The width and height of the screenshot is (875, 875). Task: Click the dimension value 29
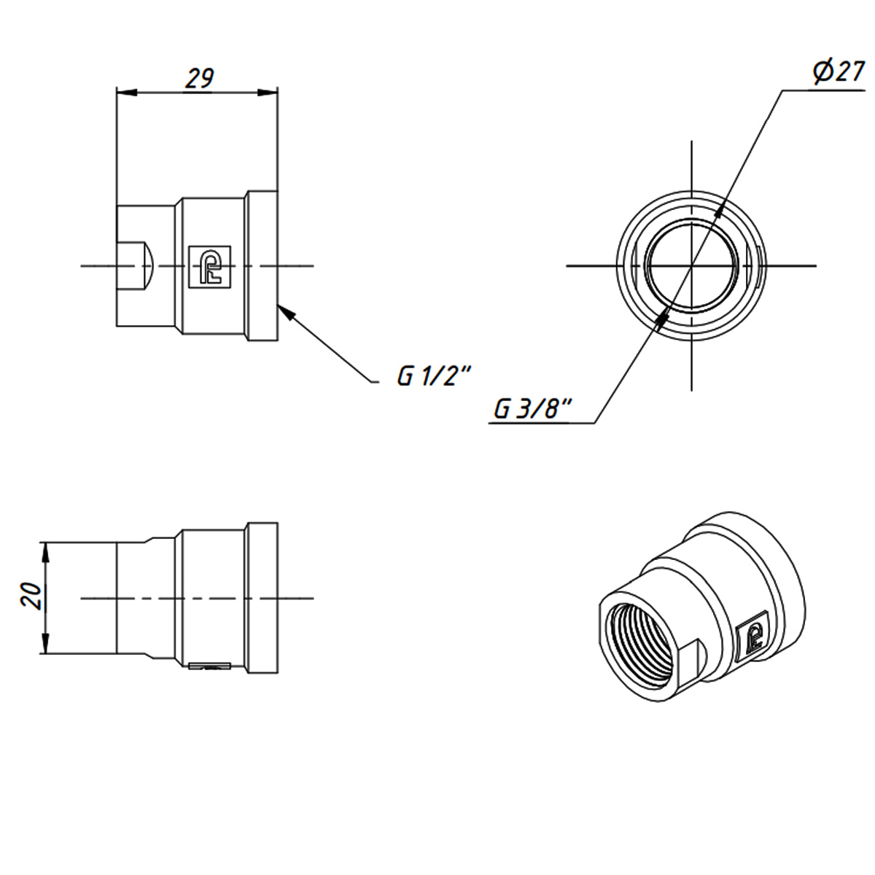click(198, 78)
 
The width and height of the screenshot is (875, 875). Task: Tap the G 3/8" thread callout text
click(532, 409)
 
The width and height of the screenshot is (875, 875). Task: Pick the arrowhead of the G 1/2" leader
click(286, 311)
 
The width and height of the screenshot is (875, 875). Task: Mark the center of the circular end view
click(691, 265)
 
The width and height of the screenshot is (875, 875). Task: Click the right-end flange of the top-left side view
click(262, 265)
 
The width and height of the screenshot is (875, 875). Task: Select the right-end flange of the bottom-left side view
click(262, 598)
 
